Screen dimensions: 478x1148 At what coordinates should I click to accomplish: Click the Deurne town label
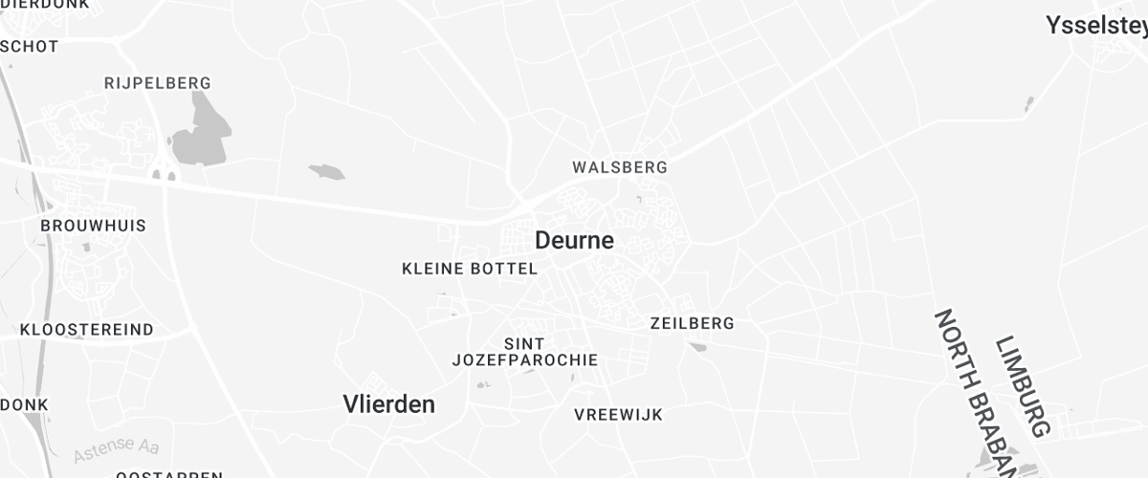[574, 240]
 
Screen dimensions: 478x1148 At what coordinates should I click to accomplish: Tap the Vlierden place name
[388, 404]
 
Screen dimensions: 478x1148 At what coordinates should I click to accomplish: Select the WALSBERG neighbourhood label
[619, 167]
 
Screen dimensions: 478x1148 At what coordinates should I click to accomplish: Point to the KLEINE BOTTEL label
[470, 270]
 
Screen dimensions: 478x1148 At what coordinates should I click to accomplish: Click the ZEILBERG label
[692, 323]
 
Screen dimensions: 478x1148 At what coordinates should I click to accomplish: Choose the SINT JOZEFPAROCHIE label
[524, 352]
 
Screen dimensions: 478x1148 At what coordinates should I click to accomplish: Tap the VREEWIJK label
[618, 415]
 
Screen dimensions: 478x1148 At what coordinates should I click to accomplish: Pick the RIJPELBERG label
[157, 83]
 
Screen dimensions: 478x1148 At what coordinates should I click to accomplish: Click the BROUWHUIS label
[93, 226]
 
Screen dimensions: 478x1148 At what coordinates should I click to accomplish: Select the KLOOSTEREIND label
[87, 330]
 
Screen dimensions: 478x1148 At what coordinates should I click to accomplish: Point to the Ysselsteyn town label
[1096, 25]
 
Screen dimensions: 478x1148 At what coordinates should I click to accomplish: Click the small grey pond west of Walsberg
[326, 172]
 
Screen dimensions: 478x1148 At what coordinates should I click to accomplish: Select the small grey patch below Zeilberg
[697, 347]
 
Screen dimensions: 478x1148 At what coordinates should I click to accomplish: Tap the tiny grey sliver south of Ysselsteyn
[1029, 103]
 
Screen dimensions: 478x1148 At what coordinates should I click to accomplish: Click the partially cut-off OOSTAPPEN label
[169, 473]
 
